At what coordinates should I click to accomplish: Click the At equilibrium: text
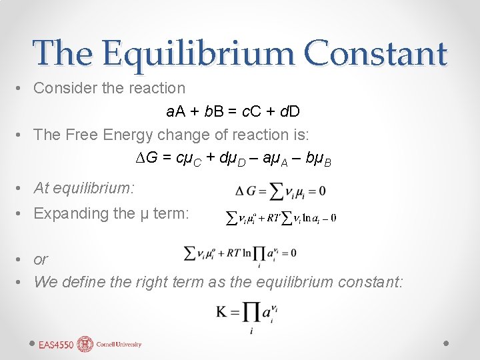click(x=84, y=188)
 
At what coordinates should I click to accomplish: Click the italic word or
click(x=41, y=259)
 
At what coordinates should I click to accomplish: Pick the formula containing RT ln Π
click(x=240, y=254)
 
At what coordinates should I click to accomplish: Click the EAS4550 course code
click(x=55, y=345)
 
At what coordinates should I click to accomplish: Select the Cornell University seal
click(x=85, y=344)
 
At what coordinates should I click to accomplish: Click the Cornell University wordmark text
click(x=119, y=345)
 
